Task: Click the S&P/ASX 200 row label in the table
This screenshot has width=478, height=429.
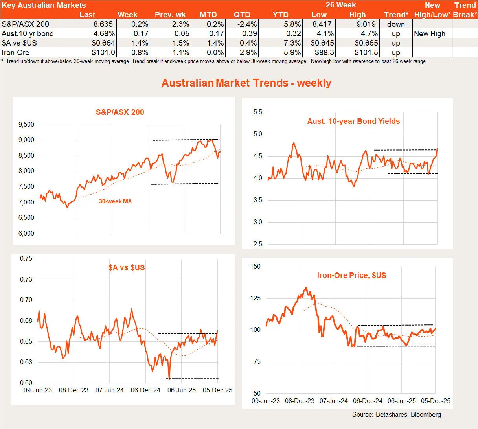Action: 26,24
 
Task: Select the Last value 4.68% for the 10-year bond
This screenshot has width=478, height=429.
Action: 104,33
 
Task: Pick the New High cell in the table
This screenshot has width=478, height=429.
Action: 430,33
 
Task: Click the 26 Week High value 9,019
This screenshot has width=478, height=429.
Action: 366,24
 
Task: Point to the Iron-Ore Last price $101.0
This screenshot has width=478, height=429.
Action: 103,52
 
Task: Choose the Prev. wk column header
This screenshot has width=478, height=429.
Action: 170,15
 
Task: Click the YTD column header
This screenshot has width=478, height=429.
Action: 280,15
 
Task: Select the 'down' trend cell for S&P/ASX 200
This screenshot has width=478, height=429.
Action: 396,24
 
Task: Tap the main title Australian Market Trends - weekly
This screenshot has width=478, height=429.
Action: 246,83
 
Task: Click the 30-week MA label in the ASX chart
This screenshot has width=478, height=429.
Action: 115,201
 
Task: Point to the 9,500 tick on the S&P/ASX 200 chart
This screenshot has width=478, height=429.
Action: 26,125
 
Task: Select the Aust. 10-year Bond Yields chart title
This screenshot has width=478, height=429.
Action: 353,121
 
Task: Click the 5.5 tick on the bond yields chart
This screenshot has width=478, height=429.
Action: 257,112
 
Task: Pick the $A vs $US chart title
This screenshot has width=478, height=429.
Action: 127,267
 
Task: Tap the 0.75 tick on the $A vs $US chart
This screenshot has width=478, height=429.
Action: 26,259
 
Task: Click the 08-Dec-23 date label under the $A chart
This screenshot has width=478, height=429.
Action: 74,390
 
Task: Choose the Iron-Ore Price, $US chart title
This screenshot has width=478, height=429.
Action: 351,275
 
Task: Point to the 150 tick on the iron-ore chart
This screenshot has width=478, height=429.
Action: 256,267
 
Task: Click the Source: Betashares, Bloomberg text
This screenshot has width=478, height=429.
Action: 396,414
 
